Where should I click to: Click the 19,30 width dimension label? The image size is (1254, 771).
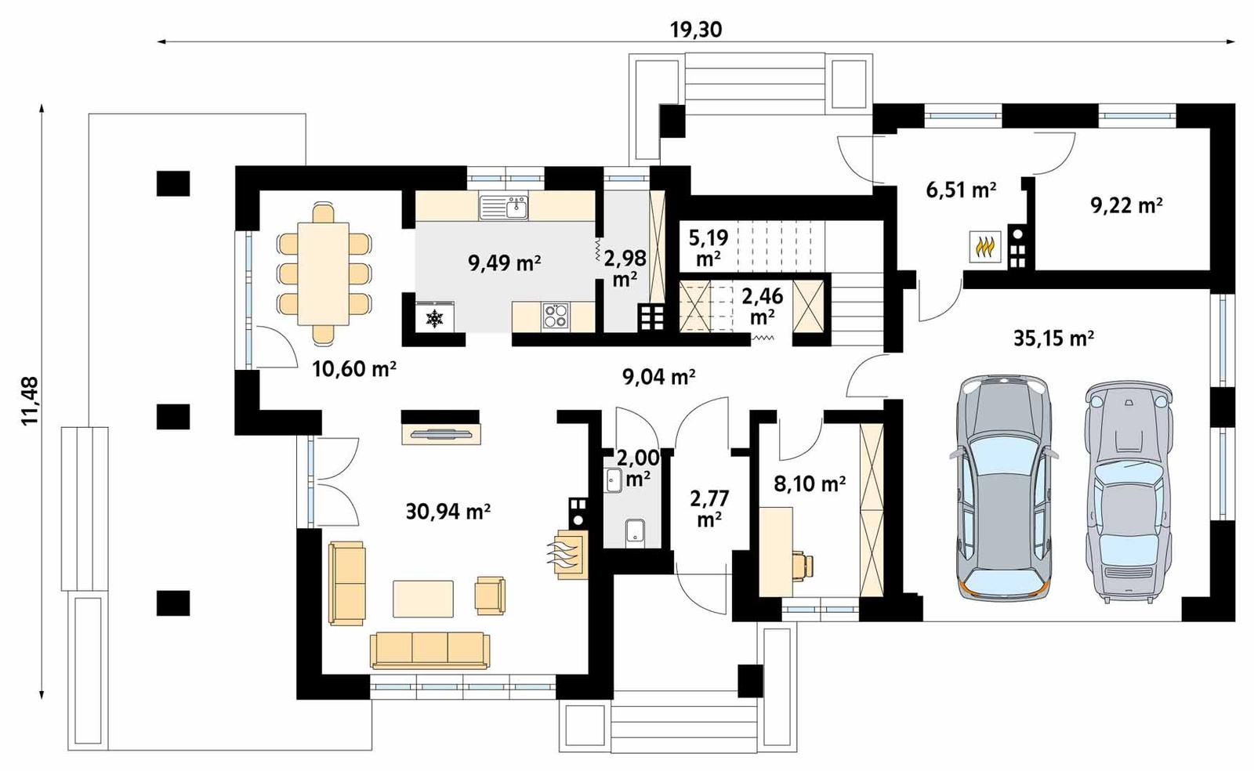point(695,30)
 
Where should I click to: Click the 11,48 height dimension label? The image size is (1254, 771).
point(30,400)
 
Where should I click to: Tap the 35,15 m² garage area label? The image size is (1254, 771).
point(1053,338)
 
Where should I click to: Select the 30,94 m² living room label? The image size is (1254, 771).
point(448,512)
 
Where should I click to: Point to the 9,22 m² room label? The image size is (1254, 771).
point(1126,205)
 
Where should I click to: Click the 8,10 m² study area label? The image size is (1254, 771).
point(809,484)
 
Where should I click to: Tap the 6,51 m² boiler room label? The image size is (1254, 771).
point(961,190)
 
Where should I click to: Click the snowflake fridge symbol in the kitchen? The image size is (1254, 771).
point(433,317)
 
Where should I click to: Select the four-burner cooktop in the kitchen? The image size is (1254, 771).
point(556,316)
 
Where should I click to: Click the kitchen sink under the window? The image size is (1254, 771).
point(504,208)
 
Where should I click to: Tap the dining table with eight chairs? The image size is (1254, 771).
point(323,273)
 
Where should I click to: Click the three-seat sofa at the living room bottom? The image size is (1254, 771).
point(429,650)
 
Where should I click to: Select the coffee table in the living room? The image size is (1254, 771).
point(422,599)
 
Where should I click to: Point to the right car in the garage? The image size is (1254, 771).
point(1128,490)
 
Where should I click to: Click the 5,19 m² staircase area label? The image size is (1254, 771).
point(708,247)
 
